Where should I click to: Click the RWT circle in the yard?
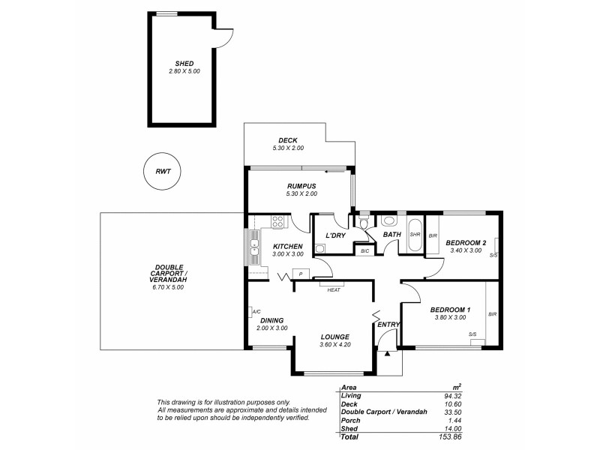[x=162, y=172]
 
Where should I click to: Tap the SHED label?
[x=184, y=64]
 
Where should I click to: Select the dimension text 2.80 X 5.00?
[x=184, y=71]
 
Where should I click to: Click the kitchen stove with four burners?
[x=277, y=221]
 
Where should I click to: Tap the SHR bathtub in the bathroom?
[x=414, y=235]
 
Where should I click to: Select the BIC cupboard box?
[x=364, y=250]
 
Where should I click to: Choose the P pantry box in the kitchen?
[x=300, y=274]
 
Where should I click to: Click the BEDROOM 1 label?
[x=450, y=310]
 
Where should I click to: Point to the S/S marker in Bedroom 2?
[x=493, y=255]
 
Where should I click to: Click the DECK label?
[x=288, y=140]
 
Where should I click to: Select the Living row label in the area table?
[x=351, y=395]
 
